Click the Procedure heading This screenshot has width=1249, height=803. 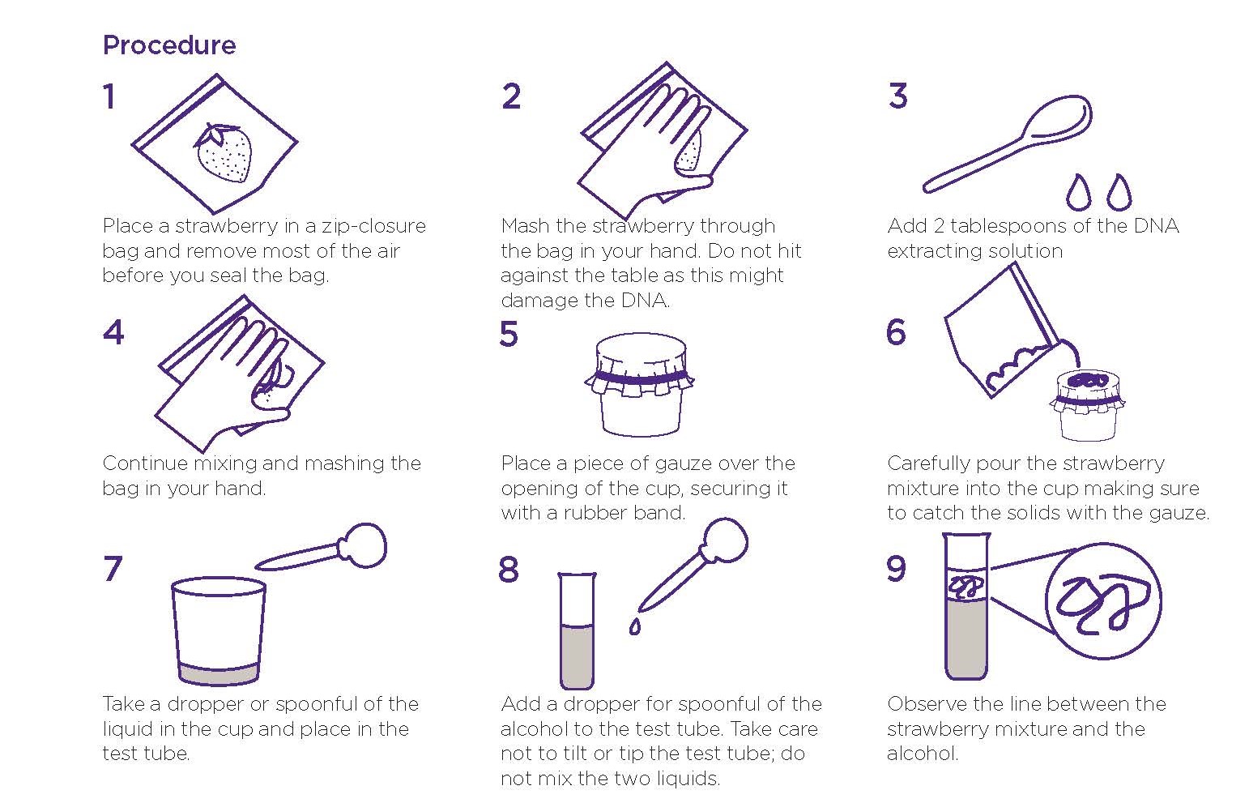click(x=168, y=45)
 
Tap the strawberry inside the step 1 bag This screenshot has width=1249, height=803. click(x=224, y=152)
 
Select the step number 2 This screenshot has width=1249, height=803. click(x=511, y=96)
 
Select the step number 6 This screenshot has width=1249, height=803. click(x=896, y=332)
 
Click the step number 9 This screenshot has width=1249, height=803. click(x=896, y=569)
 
